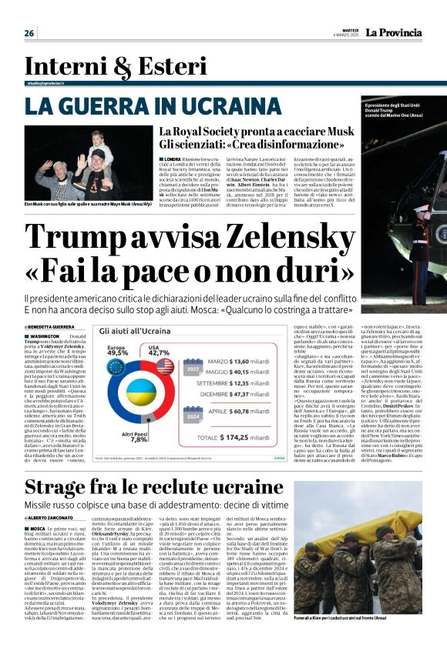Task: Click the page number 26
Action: (29, 33)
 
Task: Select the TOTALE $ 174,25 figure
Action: (261, 437)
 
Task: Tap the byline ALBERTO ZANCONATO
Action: (55, 519)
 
